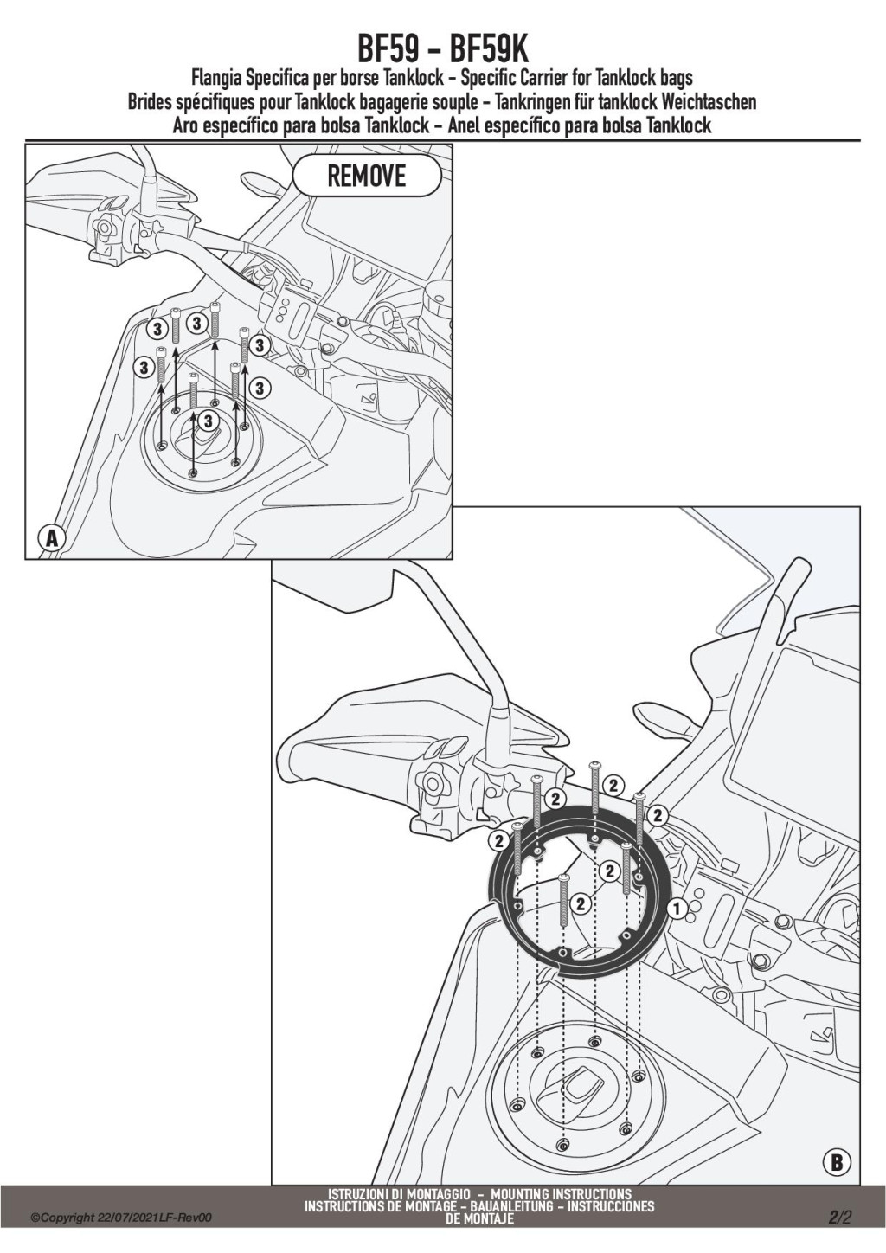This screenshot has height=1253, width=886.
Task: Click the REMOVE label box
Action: [x=367, y=177]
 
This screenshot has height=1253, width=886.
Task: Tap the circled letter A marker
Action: [x=51, y=538]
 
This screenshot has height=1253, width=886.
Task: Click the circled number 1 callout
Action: [x=677, y=909]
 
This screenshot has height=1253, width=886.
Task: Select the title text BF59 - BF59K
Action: [x=442, y=51]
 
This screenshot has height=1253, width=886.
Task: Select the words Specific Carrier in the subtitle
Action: [x=523, y=77]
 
